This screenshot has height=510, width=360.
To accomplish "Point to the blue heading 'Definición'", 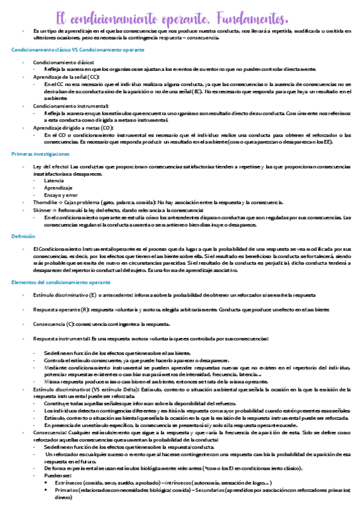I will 22,236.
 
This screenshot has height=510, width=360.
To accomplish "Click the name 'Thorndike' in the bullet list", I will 46,203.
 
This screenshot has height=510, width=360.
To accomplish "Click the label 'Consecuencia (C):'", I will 54,324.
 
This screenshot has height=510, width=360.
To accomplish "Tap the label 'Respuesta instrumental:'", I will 61,339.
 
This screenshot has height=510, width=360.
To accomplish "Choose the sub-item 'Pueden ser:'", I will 58,475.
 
